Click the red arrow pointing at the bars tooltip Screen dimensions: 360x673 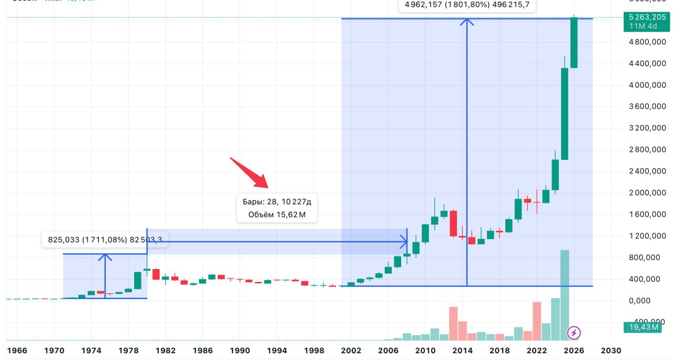click(x=250, y=173)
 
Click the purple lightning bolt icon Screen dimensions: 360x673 click(x=574, y=333)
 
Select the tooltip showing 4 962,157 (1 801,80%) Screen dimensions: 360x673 click(x=467, y=6)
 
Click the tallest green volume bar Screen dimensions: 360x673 click(x=565, y=294)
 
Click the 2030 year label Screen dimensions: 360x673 click(x=611, y=351)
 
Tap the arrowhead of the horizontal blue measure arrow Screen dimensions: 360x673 click(x=404, y=242)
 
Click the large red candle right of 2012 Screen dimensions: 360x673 click(x=453, y=223)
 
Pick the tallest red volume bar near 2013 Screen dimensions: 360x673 click(x=453, y=323)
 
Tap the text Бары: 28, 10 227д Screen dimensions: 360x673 click(x=277, y=201)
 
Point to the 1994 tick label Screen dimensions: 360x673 click(x=277, y=351)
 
